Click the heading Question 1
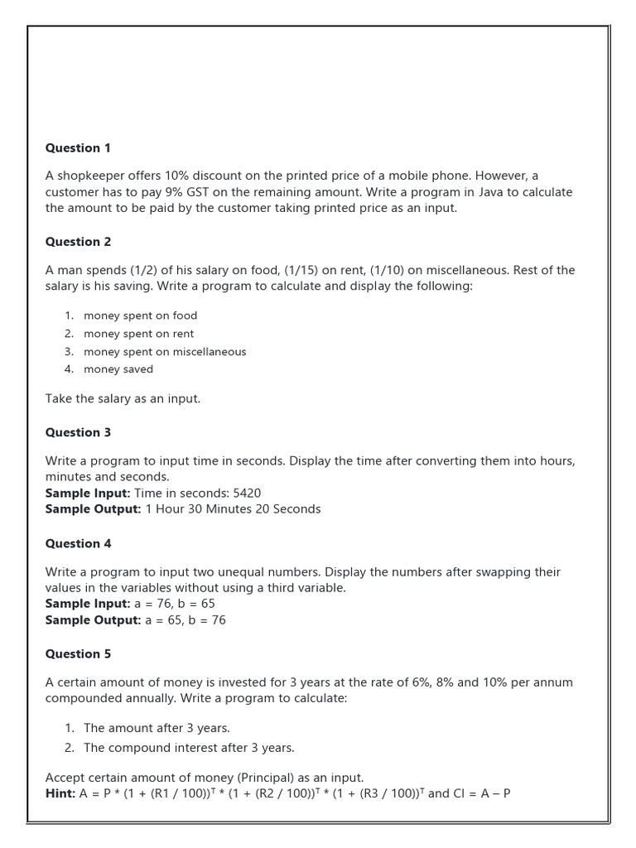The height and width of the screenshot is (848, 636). point(78,148)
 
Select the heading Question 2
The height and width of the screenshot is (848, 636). point(78,242)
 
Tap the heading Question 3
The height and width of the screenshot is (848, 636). point(78,432)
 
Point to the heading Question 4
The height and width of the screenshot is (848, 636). point(78,543)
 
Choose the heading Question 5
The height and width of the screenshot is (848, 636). point(78,653)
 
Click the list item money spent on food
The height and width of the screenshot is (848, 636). point(140,316)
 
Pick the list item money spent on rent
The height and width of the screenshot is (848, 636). point(138,334)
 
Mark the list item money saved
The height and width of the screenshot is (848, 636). point(118,369)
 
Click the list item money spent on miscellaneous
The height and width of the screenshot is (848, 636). point(165,352)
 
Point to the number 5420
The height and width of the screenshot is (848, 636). point(247,493)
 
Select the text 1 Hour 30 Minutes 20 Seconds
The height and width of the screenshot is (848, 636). point(233,509)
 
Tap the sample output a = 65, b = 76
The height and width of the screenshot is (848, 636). point(185,620)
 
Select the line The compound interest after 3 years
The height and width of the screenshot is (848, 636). point(189,748)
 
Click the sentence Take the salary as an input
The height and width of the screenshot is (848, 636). point(123,399)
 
